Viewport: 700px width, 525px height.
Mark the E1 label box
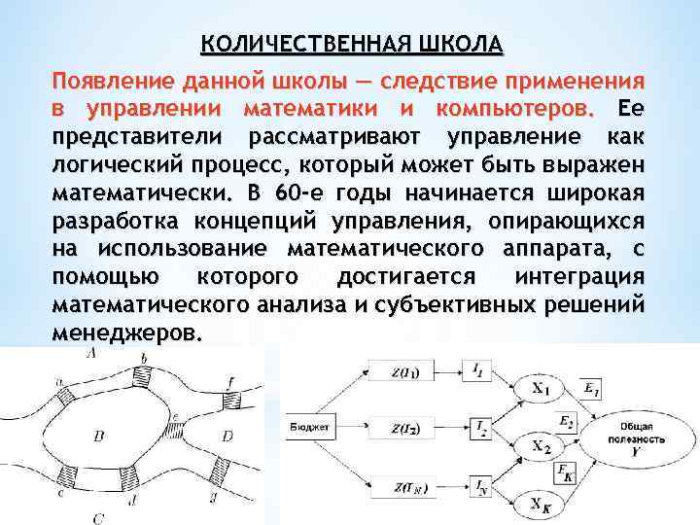tap(592, 389)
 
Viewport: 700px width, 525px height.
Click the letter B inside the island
tap(99, 437)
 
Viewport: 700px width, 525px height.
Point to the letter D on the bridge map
tap(227, 437)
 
